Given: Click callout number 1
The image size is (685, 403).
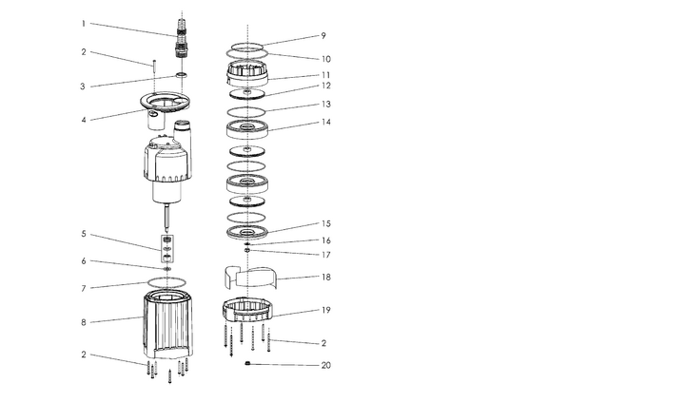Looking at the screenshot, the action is click(x=84, y=24).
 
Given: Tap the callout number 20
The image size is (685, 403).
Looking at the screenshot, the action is click(x=326, y=365).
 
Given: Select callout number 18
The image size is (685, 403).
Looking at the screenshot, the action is click(x=326, y=278).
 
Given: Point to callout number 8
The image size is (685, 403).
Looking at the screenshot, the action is click(x=84, y=322).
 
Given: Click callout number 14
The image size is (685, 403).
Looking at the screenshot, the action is click(x=326, y=123).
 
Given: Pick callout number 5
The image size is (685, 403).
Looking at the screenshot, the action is click(x=84, y=234).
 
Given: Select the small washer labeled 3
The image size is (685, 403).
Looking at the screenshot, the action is click(x=182, y=75).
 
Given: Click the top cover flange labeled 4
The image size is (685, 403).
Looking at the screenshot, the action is click(x=166, y=109).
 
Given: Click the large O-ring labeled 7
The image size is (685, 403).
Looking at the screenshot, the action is click(x=166, y=282).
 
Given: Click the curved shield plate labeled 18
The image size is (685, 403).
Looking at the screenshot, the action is click(x=251, y=278).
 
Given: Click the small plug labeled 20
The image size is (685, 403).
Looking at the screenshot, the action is click(x=247, y=363).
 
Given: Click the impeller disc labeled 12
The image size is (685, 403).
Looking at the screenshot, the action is click(x=247, y=93).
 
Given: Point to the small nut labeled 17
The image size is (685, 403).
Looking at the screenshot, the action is click(x=246, y=250).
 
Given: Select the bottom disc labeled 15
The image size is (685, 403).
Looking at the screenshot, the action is click(x=247, y=232).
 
